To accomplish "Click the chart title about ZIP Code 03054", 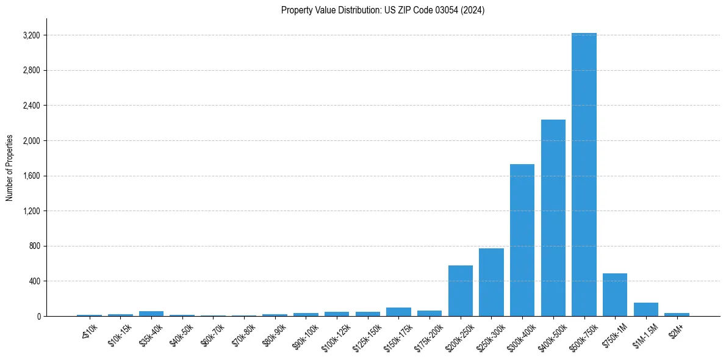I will pos(383,10).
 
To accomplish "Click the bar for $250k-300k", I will pos(491,282).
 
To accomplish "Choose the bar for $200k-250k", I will pos(461,290).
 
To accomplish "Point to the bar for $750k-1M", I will pos(615,295).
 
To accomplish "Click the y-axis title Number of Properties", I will pos(10,168).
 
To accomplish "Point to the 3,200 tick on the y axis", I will pos(31,35).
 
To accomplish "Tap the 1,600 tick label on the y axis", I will pos(31,176).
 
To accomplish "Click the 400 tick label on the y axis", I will pos(34,281).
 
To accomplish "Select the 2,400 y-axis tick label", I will pos(31,106).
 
